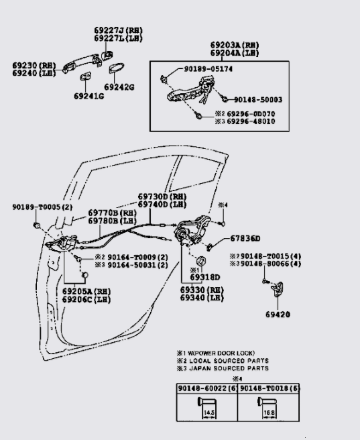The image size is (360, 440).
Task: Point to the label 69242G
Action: click(119, 87)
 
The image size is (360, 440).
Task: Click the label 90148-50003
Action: click(257, 99)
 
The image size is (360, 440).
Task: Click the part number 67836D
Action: click(245, 238)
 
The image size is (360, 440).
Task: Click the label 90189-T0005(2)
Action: click(42, 207)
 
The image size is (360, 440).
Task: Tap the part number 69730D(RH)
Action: click(162, 197)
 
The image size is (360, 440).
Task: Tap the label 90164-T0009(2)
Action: click(128, 257)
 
